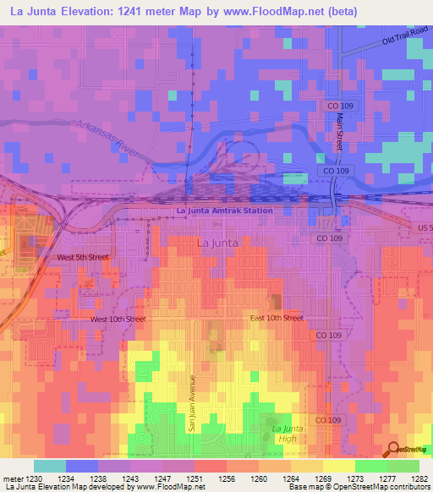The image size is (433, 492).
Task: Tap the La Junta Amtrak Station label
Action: [224, 210]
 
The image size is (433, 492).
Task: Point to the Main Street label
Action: [339, 132]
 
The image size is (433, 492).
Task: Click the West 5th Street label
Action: [83, 257]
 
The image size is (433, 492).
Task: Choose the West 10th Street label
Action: [118, 320]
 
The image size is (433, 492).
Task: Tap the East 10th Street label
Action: [277, 318]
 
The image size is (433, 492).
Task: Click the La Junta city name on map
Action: [217, 243]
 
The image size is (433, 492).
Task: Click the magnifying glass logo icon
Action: [394, 451]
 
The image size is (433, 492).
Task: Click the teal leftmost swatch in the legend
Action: [49, 466]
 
